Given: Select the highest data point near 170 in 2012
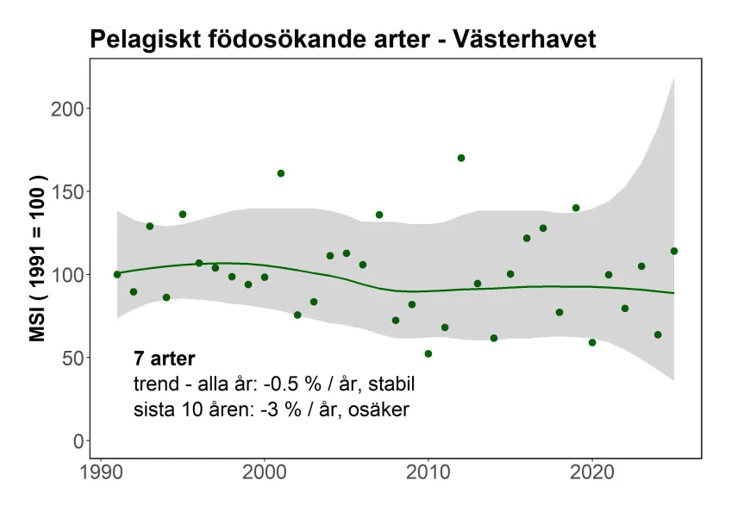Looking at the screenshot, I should point(461,158).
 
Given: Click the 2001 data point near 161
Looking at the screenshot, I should point(281,173).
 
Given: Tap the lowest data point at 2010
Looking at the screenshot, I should point(428,353).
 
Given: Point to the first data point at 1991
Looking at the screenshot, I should point(117,274).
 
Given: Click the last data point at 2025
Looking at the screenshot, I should point(674,251).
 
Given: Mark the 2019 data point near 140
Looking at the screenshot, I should point(576,208).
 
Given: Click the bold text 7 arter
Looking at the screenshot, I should point(165,359).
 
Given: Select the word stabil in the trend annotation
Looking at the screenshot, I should point(403,384).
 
